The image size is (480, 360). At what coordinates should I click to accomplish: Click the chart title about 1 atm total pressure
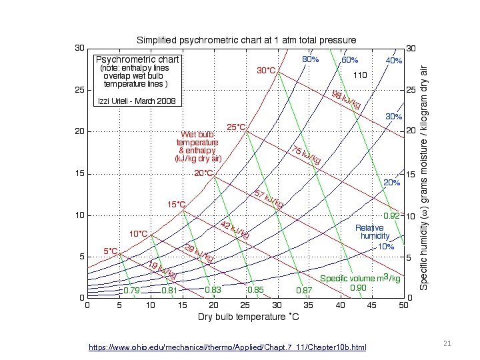246,40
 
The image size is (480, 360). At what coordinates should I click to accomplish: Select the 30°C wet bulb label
266,71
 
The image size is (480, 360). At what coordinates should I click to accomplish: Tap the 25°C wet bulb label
237,127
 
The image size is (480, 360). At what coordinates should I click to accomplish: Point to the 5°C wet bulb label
111,251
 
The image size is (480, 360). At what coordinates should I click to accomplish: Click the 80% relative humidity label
311,60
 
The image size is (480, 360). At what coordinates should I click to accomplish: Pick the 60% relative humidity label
349,60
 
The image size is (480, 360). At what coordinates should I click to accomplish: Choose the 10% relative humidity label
386,246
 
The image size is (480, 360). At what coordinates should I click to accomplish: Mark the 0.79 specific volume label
132,291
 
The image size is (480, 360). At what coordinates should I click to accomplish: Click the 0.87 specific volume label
304,291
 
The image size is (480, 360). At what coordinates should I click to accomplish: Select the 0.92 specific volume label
391,216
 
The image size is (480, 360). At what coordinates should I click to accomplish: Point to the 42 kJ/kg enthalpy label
235,231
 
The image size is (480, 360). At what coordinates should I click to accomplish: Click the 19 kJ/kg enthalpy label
163,270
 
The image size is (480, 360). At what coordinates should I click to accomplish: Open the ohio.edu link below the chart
227,347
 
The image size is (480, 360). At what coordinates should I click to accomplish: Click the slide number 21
447,343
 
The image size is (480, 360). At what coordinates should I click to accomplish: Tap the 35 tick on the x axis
309,305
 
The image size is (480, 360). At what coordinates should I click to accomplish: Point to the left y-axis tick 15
79,173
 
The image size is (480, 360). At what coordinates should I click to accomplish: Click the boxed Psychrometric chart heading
137,59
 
